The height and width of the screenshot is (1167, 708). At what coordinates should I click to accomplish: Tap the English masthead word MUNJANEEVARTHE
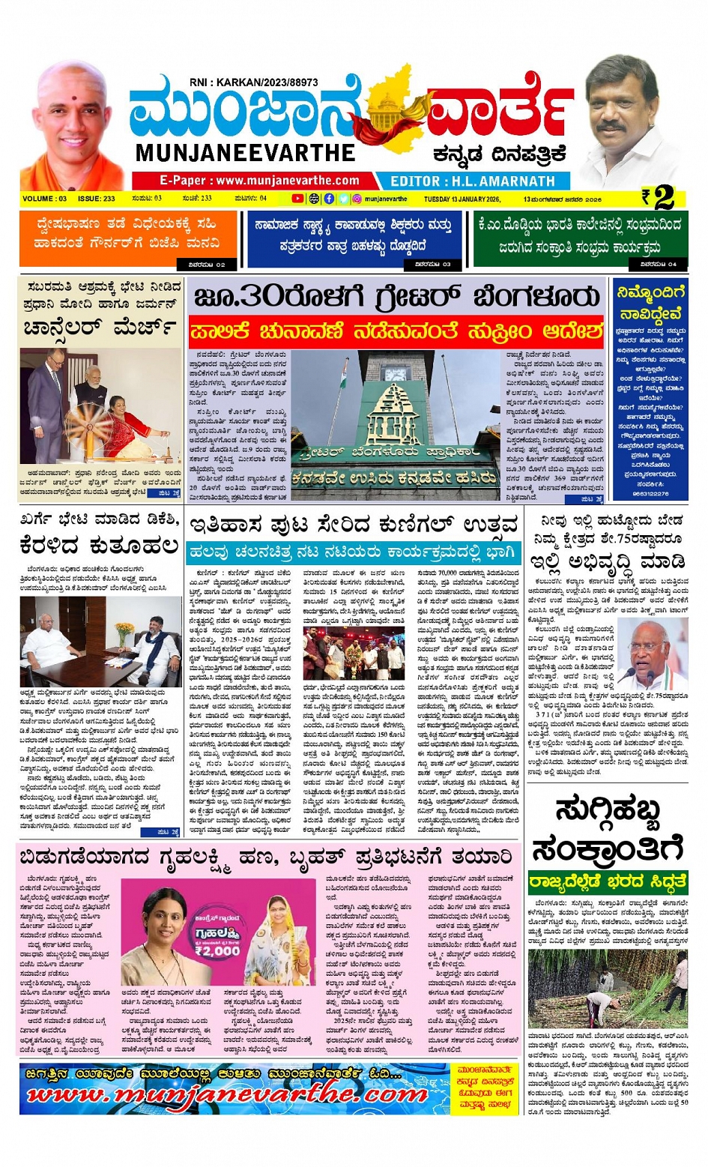[245, 153]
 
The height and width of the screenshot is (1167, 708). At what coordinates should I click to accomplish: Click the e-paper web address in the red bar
[259, 181]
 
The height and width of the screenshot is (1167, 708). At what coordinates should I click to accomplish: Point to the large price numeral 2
[664, 198]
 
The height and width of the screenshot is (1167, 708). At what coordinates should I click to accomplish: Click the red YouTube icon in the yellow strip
[297, 199]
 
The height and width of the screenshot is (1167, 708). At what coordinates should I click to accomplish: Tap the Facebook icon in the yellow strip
[329, 199]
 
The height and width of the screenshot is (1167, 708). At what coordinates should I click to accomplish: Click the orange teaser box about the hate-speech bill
[128, 236]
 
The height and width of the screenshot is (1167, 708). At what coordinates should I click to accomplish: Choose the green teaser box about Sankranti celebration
[580, 236]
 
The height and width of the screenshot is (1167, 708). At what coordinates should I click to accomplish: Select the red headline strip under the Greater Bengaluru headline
[396, 331]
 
